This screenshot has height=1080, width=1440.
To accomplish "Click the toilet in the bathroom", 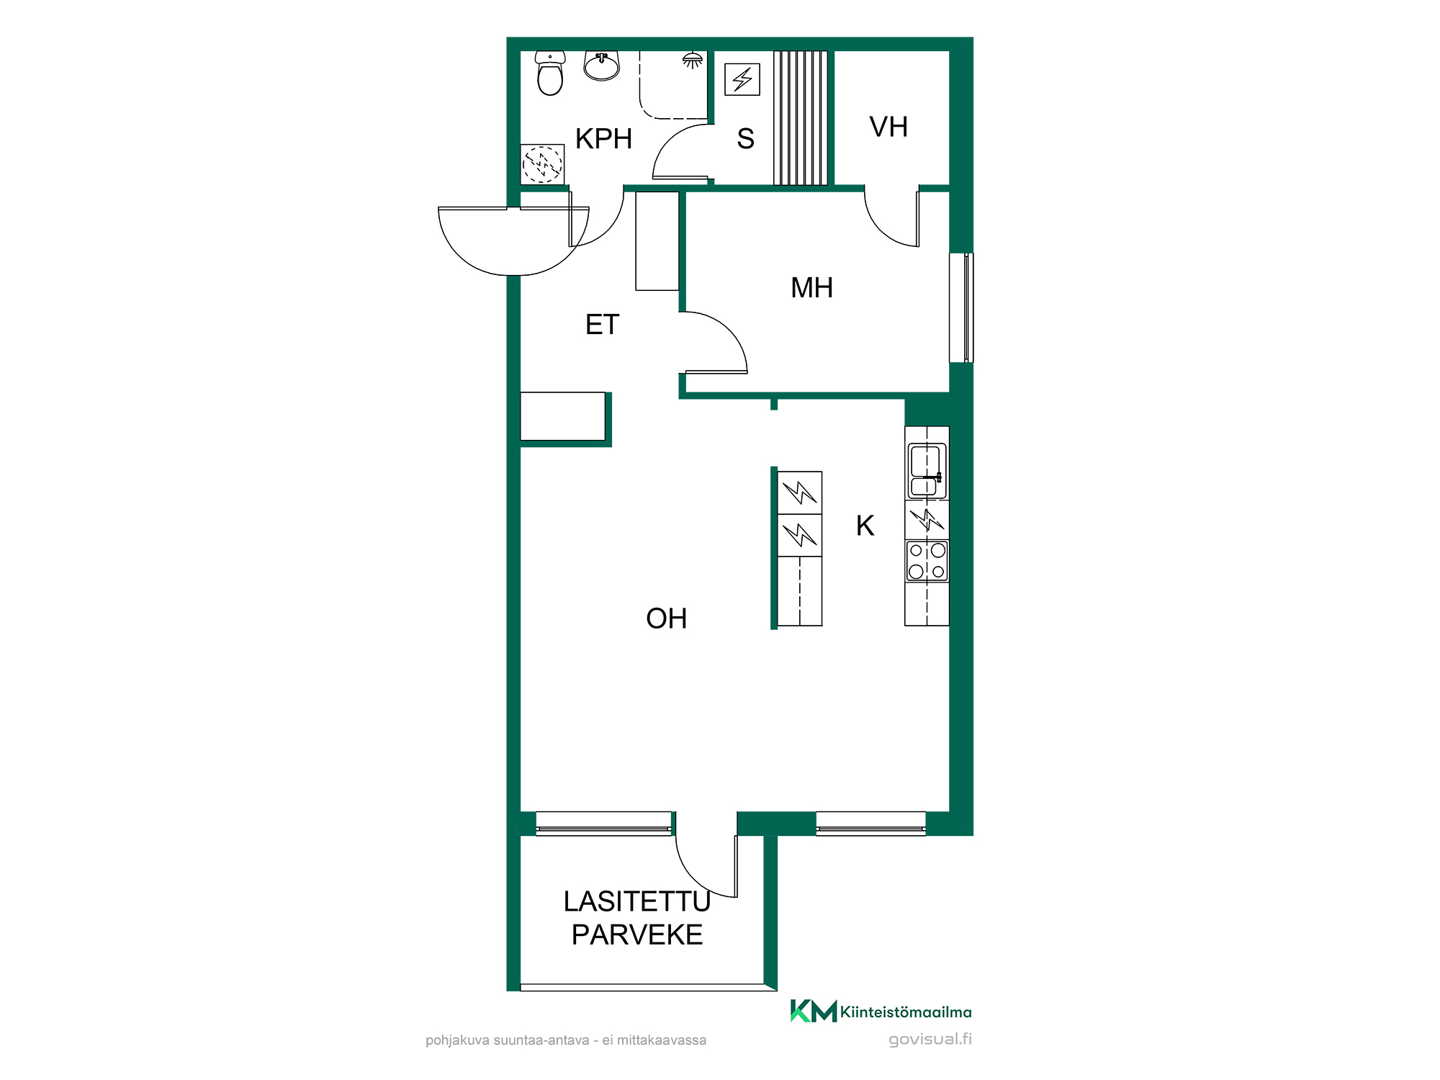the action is click(551, 73).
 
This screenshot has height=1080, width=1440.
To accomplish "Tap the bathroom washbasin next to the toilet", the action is click(602, 66).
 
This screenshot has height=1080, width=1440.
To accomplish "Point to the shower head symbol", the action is click(693, 60).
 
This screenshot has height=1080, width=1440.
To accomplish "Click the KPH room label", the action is click(603, 139).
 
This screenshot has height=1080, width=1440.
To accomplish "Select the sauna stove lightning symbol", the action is click(742, 79).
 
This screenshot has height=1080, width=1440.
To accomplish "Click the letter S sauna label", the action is click(746, 139).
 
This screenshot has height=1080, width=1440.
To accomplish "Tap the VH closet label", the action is click(888, 127).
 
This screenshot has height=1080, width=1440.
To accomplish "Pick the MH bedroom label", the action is click(812, 288).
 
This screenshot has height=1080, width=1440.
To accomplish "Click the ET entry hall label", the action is click(602, 325).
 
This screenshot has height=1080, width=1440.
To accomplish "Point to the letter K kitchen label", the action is click(865, 526).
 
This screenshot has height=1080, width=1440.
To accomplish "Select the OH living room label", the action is click(667, 618).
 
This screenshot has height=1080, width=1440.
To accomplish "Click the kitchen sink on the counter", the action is click(927, 471).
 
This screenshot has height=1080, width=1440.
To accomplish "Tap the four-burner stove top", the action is click(927, 561).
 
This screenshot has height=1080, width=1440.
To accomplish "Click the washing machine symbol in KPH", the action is click(542, 164).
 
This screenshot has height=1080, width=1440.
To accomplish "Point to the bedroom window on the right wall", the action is click(961, 307).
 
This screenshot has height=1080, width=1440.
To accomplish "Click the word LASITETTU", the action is click(637, 901).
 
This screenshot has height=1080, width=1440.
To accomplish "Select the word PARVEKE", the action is click(637, 935).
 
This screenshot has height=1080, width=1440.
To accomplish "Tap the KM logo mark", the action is click(814, 1011).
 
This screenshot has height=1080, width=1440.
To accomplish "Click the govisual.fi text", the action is click(930, 1039).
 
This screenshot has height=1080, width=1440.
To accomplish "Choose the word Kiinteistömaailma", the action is click(906, 1012).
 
